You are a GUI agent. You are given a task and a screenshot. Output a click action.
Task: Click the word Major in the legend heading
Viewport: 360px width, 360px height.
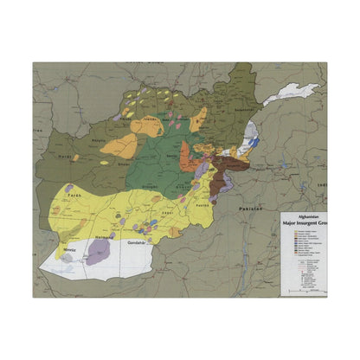click(291, 224)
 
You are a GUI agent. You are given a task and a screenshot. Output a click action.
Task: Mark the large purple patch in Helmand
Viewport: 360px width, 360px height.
click(99, 252)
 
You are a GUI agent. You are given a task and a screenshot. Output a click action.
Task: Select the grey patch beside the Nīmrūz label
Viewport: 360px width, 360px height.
click(67, 258)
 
